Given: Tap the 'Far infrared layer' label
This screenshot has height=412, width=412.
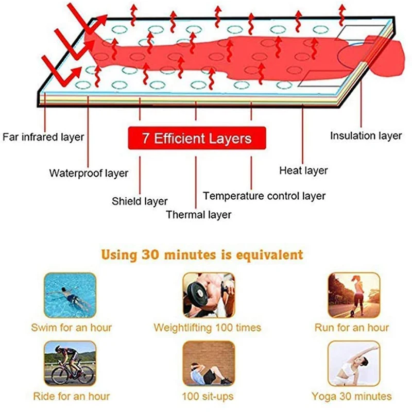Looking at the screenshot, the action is coord(43,138).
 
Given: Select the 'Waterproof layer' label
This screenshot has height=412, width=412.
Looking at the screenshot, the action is coord(89,173).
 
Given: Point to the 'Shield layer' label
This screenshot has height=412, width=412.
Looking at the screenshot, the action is coord(140,201).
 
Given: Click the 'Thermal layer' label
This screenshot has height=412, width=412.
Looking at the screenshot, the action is coord(198,215).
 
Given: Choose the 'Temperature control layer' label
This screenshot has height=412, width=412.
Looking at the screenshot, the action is coord(264,196).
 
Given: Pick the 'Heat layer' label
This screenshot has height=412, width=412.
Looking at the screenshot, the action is coord(303,170).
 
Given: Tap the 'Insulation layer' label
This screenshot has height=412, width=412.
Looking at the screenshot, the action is coord(366,136).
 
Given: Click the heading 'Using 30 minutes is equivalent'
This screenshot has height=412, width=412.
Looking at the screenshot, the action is coord(202,254).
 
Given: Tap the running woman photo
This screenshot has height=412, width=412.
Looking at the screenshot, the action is coord(354,295).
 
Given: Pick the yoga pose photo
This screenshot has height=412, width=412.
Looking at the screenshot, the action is coord(354,364).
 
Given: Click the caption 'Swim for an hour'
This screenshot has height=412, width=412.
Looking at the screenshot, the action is coord(72,328).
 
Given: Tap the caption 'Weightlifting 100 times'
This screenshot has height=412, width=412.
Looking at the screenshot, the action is coord(208,328).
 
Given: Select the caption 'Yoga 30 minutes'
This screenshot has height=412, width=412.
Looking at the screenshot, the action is coord(352,397).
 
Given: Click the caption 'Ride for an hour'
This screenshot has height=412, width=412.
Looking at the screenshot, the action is coord(72,397).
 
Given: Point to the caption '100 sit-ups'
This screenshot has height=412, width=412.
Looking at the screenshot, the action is coord(207,397).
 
